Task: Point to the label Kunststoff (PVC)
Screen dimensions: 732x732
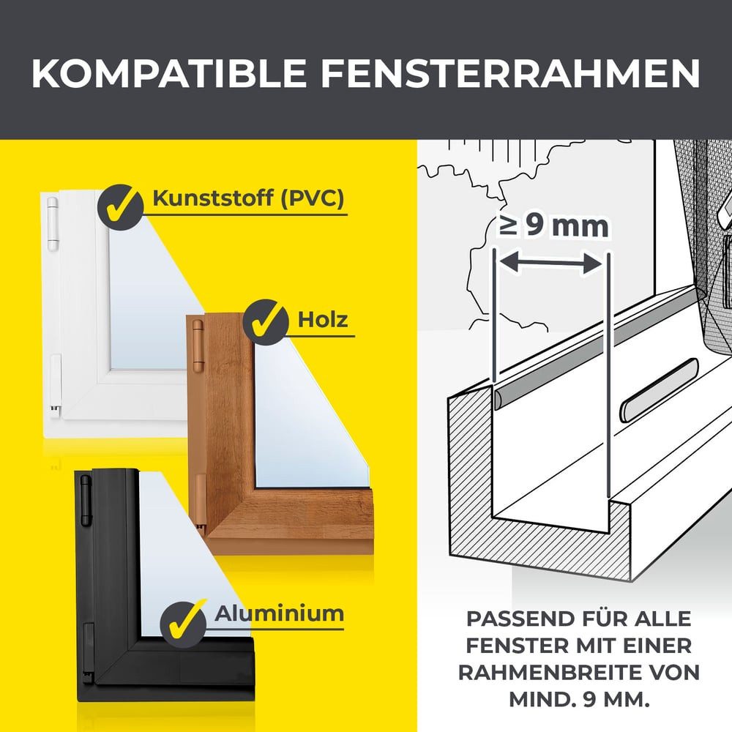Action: (x=248, y=199)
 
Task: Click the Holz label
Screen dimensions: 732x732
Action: (x=323, y=320)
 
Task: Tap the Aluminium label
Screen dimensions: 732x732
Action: (x=279, y=613)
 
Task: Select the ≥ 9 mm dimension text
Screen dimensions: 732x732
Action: (x=554, y=225)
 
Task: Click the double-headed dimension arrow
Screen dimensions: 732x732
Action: (x=553, y=263)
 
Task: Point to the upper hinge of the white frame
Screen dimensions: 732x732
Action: (x=52, y=223)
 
